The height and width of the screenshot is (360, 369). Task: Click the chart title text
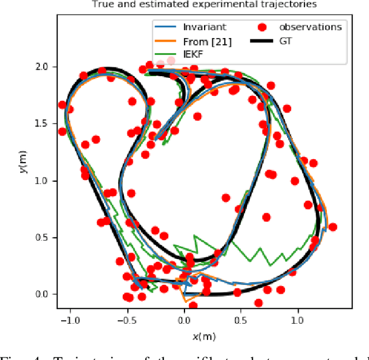(x=205, y=5)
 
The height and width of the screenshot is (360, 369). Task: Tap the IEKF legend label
(x=194, y=55)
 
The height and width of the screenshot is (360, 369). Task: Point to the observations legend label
(x=310, y=27)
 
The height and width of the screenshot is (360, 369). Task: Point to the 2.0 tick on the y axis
(x=45, y=67)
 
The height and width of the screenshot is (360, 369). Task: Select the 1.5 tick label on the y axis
(x=45, y=123)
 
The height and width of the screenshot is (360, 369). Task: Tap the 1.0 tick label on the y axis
(x=45, y=181)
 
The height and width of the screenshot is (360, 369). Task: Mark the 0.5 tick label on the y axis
(x=45, y=237)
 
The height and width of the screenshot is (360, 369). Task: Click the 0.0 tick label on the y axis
(x=45, y=294)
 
